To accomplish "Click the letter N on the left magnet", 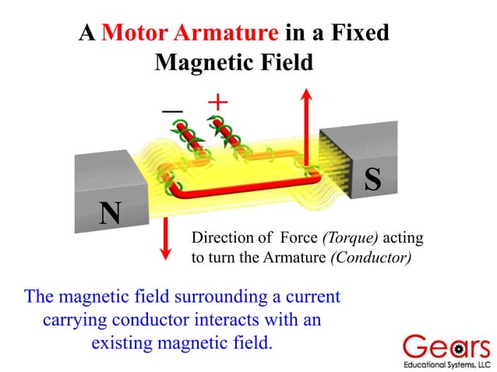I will (x=110, y=212).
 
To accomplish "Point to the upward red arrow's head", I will (x=307, y=96).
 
